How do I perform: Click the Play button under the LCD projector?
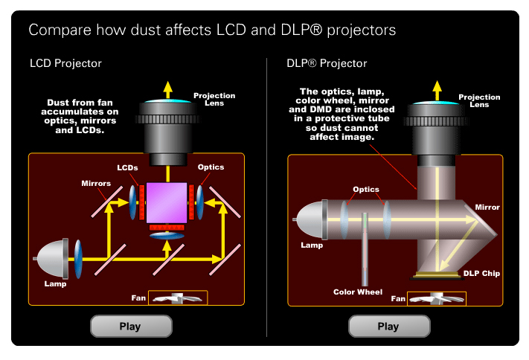[x=130, y=326]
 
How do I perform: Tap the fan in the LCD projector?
[x=177, y=298]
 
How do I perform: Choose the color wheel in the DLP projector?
[x=365, y=249]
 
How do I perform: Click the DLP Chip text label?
[x=481, y=274]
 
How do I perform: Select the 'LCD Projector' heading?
[x=65, y=63]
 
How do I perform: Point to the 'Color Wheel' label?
[x=358, y=292]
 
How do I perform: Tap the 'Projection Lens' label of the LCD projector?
[x=214, y=100]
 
